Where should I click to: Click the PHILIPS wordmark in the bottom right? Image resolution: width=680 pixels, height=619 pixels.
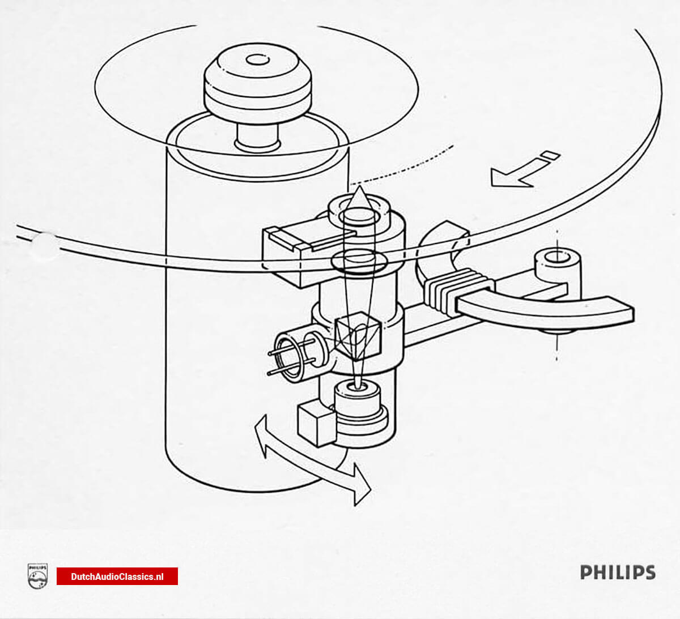pos(617,572)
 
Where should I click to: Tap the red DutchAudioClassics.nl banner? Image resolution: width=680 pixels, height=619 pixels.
pos(117,577)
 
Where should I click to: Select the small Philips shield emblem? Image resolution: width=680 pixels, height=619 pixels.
pos(37,576)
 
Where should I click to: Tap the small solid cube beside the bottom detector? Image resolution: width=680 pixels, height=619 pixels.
pos(315,424)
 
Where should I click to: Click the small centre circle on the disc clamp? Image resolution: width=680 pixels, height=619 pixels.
pos(257,59)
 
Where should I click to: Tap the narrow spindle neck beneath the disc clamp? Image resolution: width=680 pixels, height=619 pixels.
pos(258,138)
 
